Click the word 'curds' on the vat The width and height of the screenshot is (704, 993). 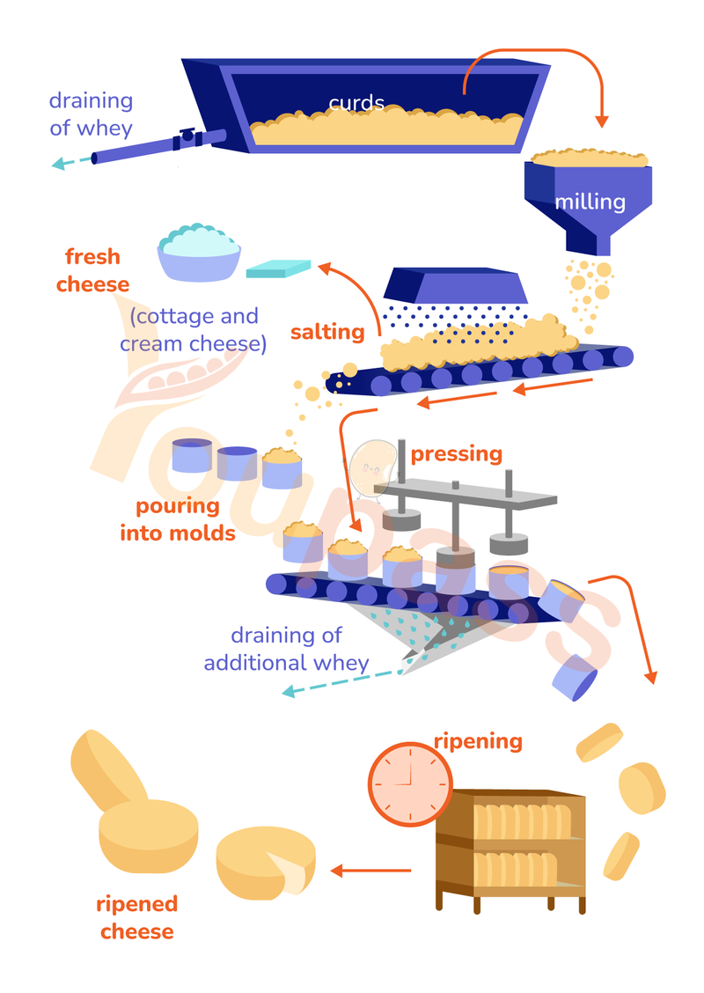click(356, 103)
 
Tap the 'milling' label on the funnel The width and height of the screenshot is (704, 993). click(590, 202)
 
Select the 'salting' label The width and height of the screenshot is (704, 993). click(327, 332)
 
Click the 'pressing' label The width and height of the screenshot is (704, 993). click(457, 454)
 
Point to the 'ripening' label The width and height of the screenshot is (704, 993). click(478, 740)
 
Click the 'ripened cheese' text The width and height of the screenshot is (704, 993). click(137, 917)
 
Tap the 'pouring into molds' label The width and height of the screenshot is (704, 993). click(178, 519)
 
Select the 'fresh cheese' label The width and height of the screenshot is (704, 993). click(92, 271)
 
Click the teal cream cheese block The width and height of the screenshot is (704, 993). click(279, 268)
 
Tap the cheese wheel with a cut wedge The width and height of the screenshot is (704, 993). click(267, 864)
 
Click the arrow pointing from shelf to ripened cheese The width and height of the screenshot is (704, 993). click(370, 872)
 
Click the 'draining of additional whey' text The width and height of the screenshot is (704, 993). click(286, 649)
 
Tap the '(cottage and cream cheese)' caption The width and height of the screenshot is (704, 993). click(194, 329)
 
